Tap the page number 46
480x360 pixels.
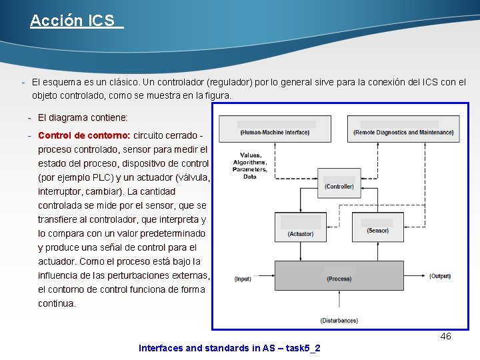tap(445, 336)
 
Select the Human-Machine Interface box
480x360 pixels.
tap(275, 129)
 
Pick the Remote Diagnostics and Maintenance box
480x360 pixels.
tap(403, 129)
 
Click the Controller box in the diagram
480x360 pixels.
tap(339, 182)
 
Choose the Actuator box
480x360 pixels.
tap(301, 229)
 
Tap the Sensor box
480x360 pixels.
tap(377, 226)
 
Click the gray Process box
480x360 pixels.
tap(339, 275)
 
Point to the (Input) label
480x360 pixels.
tap(243, 279)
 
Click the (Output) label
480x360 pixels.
tap(439, 276)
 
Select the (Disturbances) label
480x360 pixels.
tap(339, 321)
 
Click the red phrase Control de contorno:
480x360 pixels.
tap(84, 135)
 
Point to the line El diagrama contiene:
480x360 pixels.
tap(83, 117)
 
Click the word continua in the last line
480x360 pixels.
tap(57, 303)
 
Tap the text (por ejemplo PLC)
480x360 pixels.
tap(75, 177)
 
